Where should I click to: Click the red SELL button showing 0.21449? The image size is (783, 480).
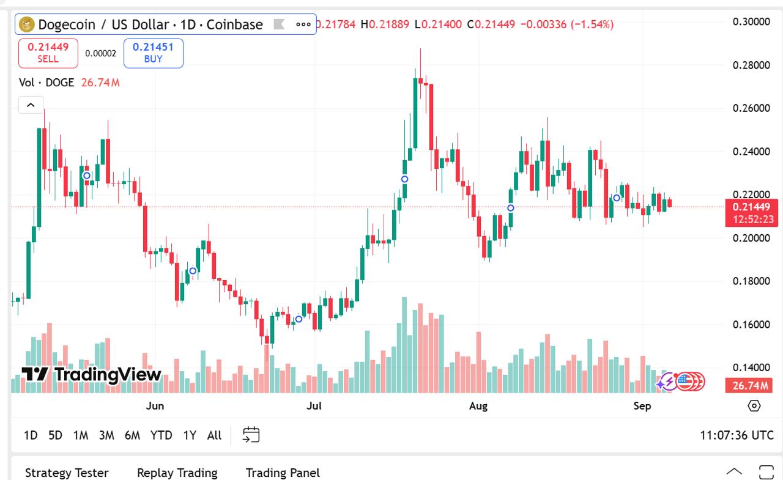click(x=48, y=53)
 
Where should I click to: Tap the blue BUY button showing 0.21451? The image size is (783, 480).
click(x=154, y=53)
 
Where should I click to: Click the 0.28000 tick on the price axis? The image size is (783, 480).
click(x=751, y=65)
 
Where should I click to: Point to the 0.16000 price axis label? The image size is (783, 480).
click(x=751, y=324)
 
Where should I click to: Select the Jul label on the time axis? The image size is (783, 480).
click(x=314, y=406)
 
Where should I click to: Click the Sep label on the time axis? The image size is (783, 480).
click(x=642, y=406)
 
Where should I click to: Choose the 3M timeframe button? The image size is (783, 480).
click(x=106, y=435)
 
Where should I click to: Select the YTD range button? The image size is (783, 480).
click(x=161, y=435)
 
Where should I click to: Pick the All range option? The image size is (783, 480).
click(x=214, y=435)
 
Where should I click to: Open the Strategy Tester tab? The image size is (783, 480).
click(x=67, y=473)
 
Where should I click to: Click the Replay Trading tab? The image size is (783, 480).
click(x=177, y=473)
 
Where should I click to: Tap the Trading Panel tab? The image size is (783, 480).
click(x=283, y=473)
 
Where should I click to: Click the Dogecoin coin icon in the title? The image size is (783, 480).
click(x=27, y=24)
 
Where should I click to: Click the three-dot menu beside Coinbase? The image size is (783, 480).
click(x=303, y=24)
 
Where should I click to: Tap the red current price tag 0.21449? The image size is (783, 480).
click(x=751, y=207)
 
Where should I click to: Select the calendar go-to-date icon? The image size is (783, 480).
click(x=251, y=435)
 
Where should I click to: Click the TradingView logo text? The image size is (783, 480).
click(x=92, y=374)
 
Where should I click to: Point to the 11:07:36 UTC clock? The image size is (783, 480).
click(x=737, y=435)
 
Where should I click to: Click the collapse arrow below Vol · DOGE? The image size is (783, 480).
click(x=31, y=105)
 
